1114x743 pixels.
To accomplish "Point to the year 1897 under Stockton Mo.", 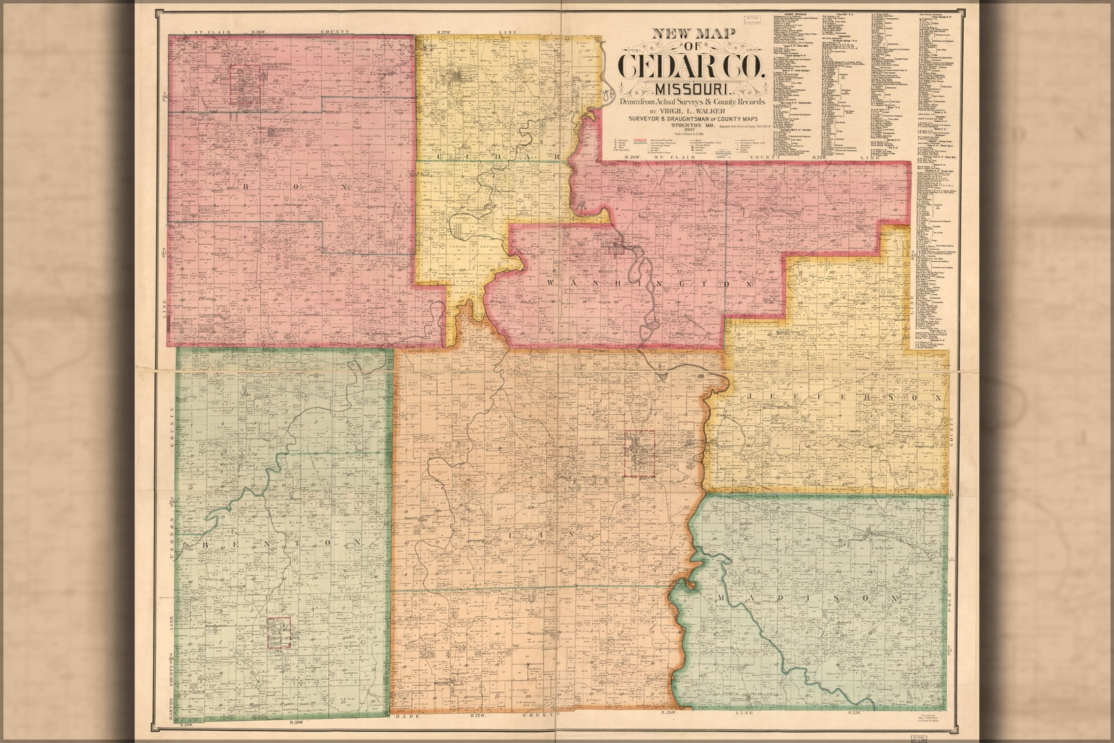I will click(x=690, y=130).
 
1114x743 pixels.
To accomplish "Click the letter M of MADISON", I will click(x=722, y=600).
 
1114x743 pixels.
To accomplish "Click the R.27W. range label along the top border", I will click(x=445, y=32).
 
